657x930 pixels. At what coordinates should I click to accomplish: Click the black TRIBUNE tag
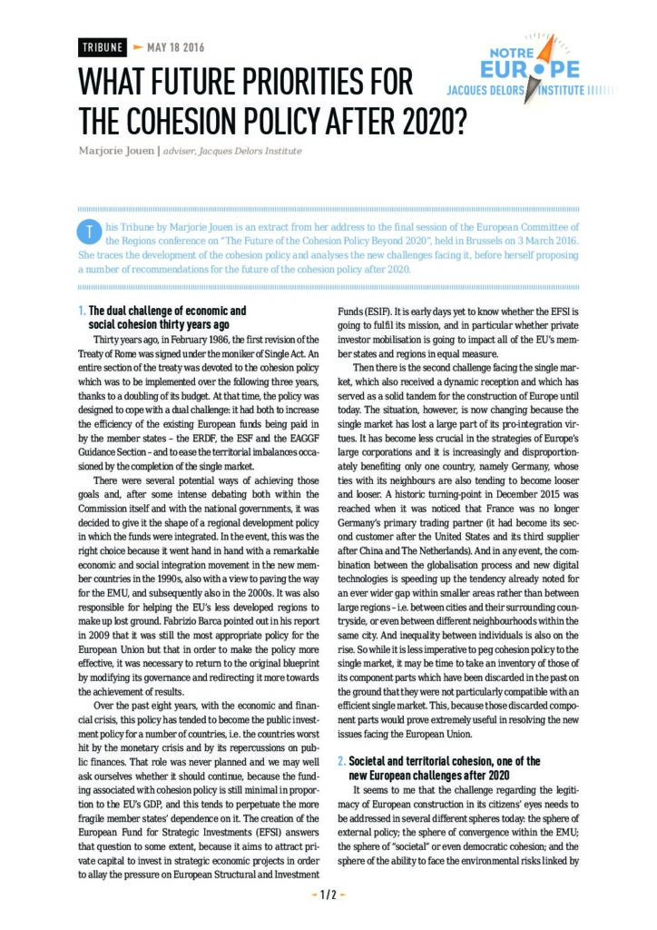point(100,46)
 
